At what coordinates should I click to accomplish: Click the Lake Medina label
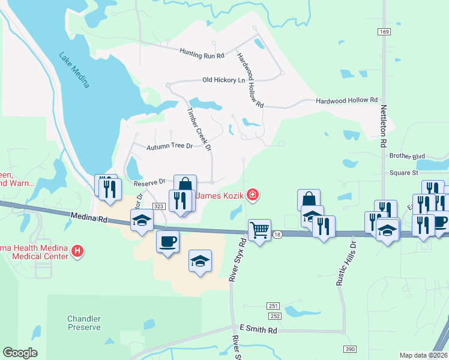[x=74, y=70]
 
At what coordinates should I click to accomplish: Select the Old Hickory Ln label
[x=224, y=80]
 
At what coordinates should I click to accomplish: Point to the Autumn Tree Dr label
[x=170, y=146]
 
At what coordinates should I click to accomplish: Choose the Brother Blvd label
[x=407, y=156]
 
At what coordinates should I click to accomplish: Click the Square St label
[x=403, y=173]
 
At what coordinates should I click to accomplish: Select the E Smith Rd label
[x=258, y=330]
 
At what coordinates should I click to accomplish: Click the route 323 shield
[x=158, y=206]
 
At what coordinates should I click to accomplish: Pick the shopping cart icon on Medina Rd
[x=259, y=229]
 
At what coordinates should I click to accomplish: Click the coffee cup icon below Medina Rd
[x=167, y=241]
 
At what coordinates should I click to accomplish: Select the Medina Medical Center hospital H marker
[x=77, y=251]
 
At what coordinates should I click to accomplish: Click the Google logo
[x=20, y=353]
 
